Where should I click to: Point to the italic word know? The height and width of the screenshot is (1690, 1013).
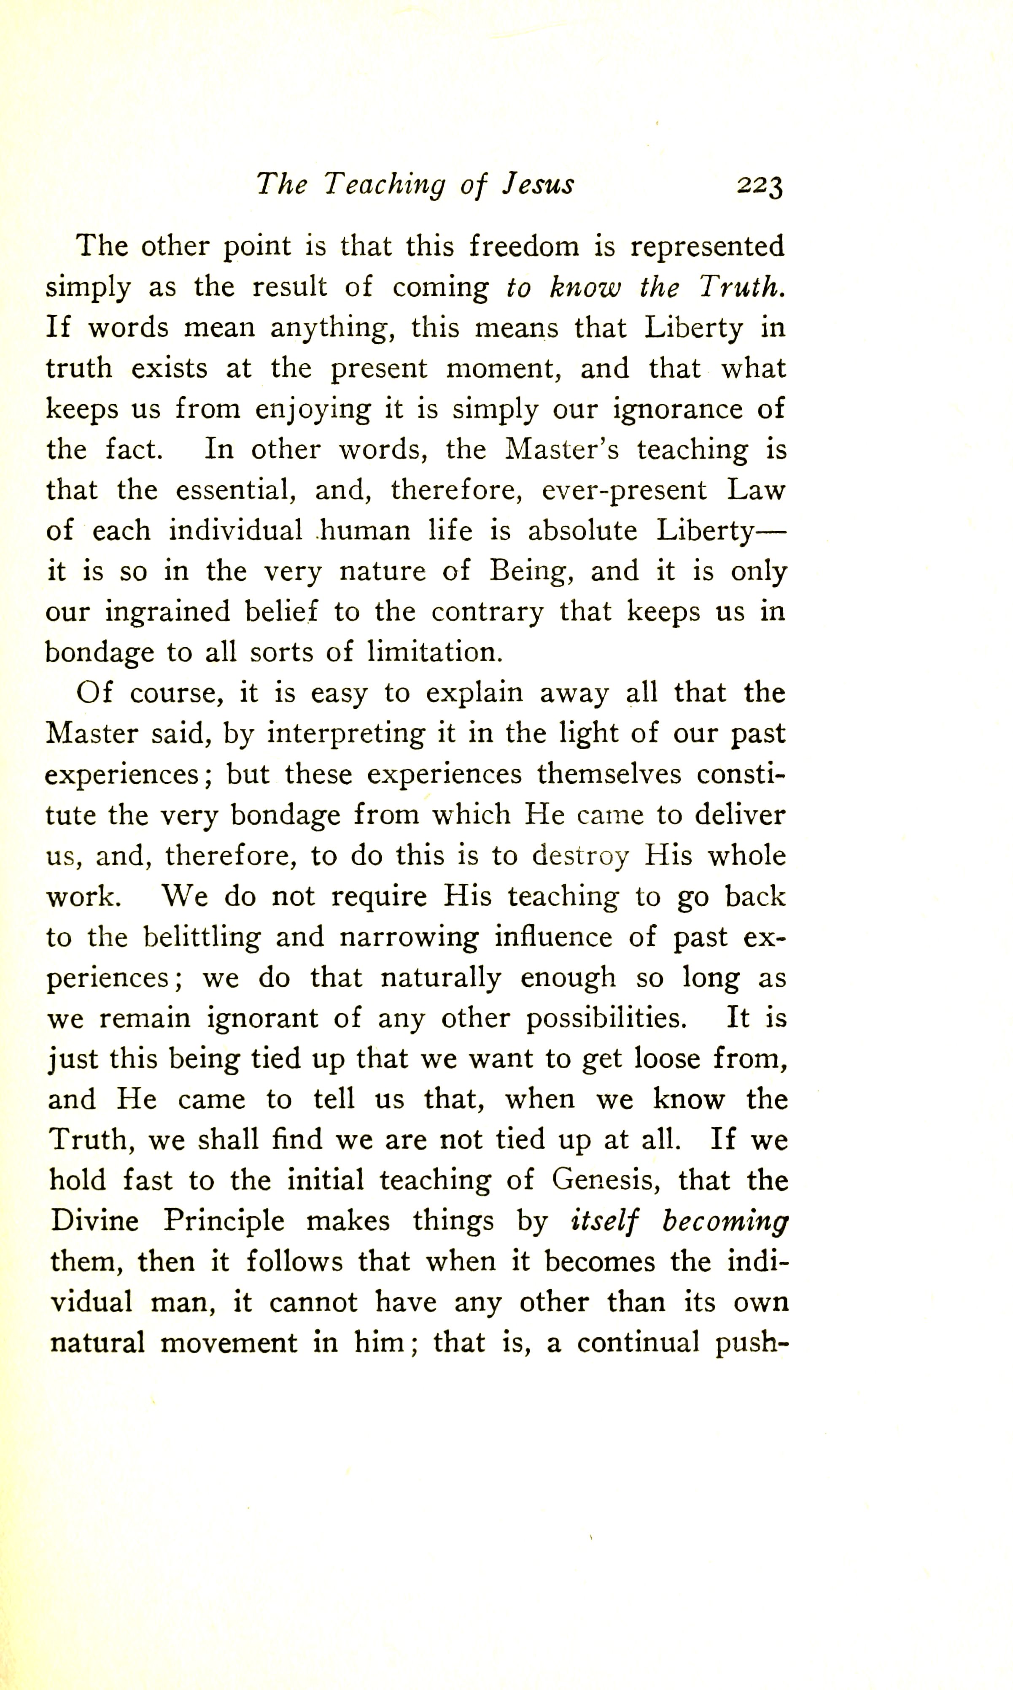point(585,287)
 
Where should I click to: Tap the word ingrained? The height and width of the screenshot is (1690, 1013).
point(167,613)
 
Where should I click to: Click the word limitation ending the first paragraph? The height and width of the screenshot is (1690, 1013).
point(435,652)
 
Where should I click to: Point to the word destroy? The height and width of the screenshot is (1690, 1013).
point(580,856)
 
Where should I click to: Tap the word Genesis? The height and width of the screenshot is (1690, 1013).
point(605,1181)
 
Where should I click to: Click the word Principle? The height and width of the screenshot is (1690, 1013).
point(223,1222)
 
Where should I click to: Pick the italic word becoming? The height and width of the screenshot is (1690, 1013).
point(725,1222)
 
